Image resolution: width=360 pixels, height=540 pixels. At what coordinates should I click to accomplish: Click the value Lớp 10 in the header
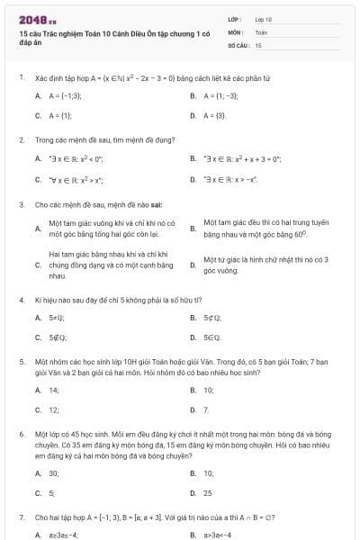pos(264,19)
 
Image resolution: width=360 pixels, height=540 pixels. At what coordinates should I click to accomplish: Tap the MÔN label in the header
pos(236,31)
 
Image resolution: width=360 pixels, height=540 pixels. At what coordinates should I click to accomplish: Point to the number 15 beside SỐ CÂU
pos(258,44)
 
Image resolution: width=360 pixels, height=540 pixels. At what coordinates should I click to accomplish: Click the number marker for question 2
pos(22,139)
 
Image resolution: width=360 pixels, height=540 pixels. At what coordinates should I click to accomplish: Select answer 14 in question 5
pos(54,390)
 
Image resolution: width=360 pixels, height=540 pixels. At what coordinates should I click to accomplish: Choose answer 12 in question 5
pos(54,409)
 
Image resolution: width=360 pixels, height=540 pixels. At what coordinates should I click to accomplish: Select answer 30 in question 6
pos(54,472)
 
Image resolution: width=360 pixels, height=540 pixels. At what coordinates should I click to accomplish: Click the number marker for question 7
pos(22,517)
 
